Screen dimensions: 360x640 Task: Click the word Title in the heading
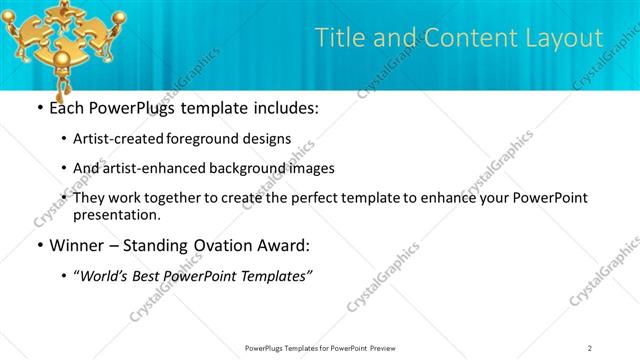click(338, 38)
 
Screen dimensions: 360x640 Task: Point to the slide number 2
click(590, 347)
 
